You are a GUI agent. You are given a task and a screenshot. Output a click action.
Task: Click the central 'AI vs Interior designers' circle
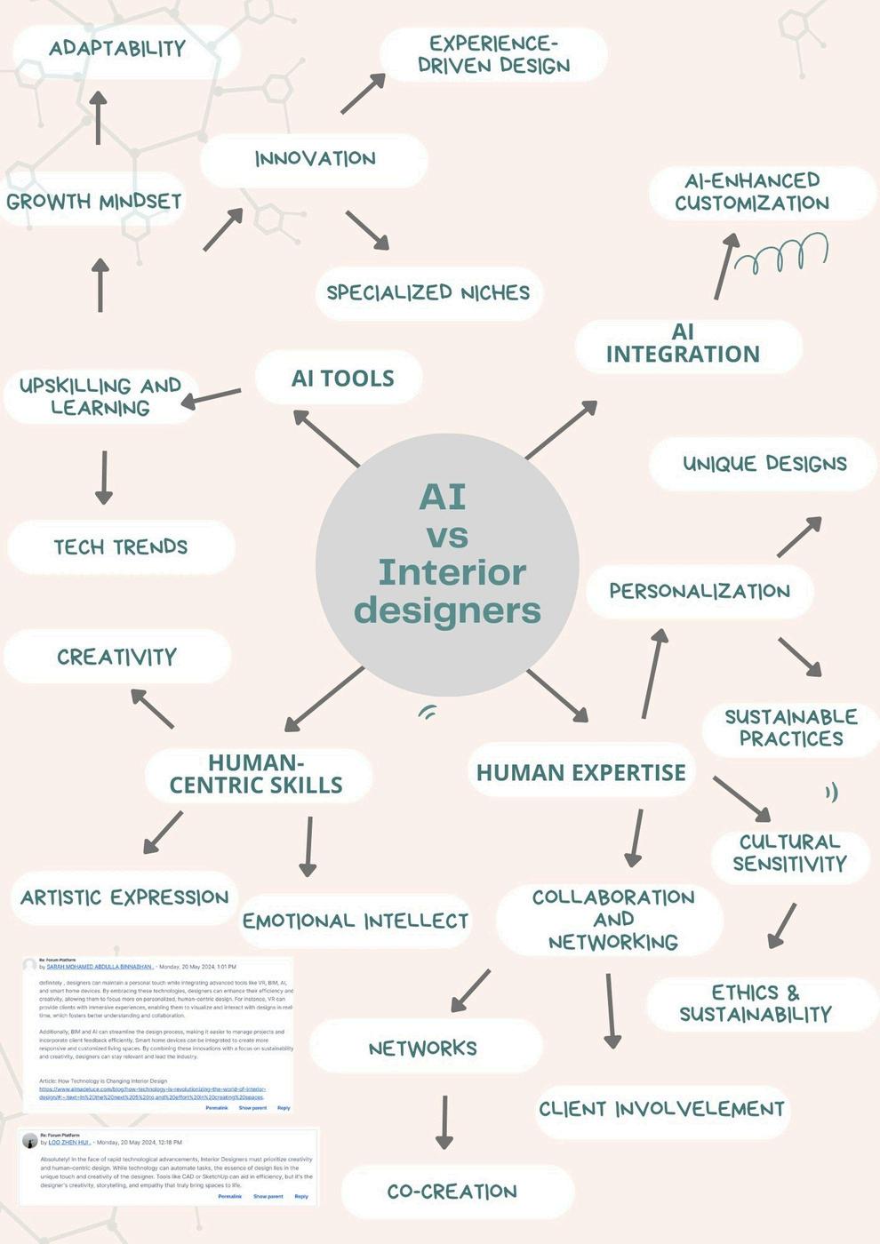447,564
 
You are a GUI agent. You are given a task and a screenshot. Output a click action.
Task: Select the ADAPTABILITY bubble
117,49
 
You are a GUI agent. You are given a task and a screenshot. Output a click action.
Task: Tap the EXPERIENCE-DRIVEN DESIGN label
493,54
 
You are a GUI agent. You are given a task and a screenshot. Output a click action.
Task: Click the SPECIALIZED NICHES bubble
428,292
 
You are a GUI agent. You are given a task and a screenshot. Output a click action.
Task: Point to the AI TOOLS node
342,378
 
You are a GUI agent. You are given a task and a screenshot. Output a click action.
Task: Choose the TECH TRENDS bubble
121,546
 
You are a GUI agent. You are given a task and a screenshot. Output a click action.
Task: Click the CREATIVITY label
116,657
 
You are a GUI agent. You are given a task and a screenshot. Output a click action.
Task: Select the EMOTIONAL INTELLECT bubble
355,921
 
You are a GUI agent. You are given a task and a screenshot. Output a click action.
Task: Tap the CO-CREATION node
452,1192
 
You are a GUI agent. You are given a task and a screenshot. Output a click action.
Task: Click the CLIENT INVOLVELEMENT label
661,1109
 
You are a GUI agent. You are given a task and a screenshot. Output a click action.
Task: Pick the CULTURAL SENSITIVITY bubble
789,853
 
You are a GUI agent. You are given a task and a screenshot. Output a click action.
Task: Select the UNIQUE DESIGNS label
764,463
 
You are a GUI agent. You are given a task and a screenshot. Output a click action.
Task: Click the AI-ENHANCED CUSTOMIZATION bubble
752,192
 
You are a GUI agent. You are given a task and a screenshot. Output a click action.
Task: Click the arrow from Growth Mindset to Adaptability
98,118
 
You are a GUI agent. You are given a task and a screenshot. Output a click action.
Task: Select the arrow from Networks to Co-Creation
444,1122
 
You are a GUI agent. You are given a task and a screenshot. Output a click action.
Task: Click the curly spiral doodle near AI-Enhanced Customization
783,255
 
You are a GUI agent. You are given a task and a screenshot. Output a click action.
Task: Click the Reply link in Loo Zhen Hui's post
301,1196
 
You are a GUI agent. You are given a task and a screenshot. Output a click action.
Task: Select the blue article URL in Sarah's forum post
152,1093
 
